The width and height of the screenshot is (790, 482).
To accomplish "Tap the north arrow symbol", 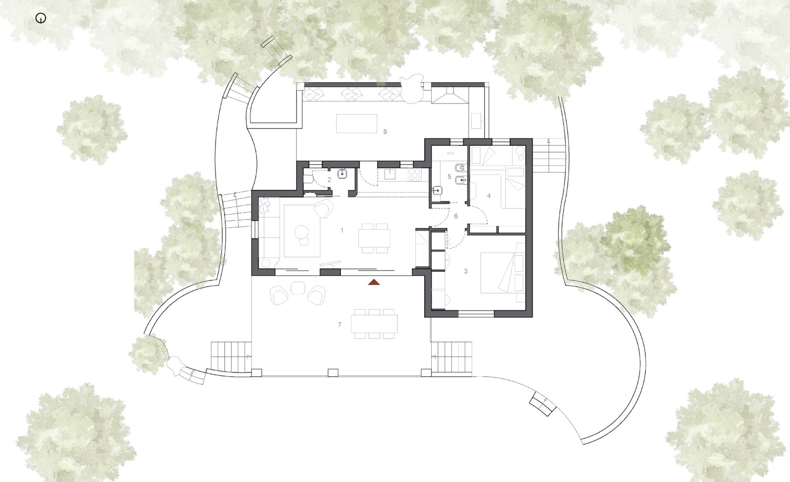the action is (x=41, y=19).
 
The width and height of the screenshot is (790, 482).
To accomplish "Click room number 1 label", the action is (x=342, y=231).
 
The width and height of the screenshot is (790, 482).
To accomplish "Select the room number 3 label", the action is (x=466, y=271).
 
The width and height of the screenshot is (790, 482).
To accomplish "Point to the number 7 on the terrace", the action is (x=340, y=324).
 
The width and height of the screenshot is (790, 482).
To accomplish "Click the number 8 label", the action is (x=385, y=132).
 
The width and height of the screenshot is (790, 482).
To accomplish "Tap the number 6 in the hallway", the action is (x=456, y=216).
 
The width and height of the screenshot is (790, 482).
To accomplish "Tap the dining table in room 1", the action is (x=374, y=238).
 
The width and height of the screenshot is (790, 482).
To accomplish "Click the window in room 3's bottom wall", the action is (x=477, y=314).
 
